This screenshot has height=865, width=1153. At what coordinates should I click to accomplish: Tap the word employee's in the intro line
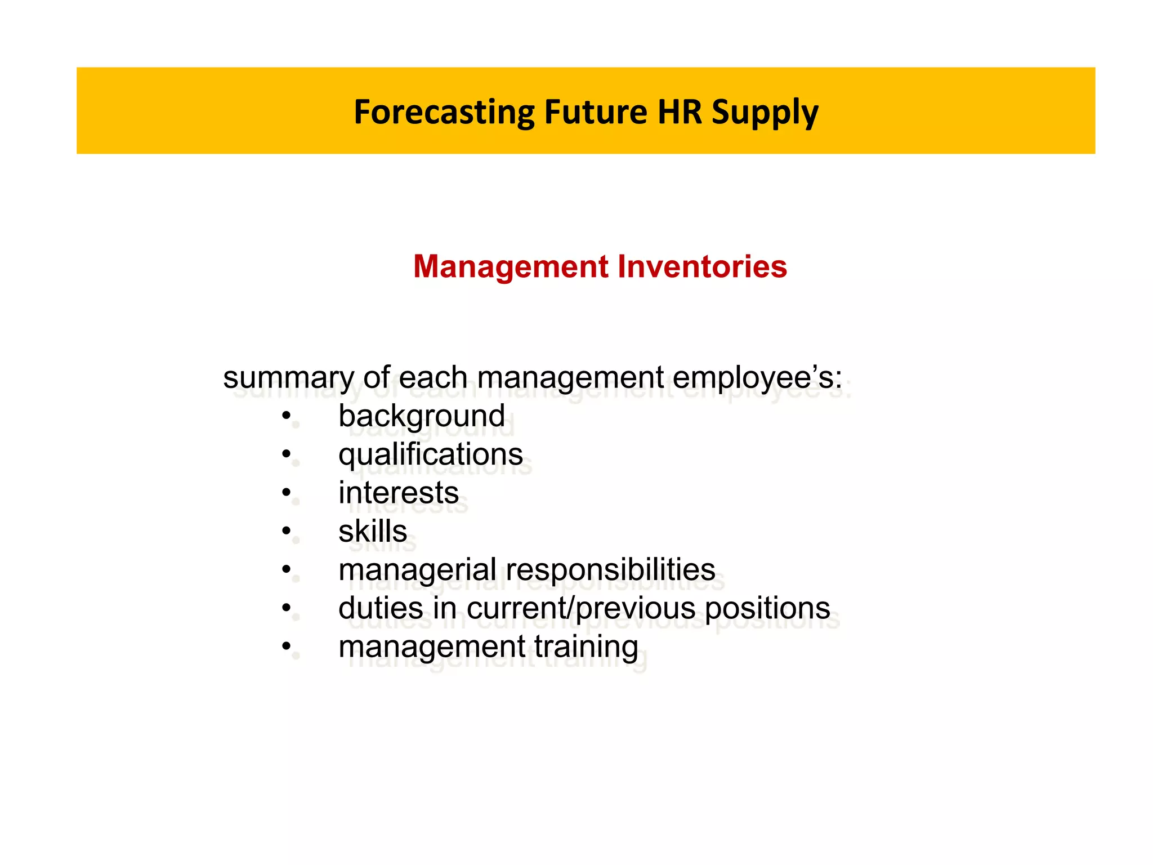pos(757,377)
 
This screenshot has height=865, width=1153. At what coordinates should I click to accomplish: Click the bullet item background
pos(421,416)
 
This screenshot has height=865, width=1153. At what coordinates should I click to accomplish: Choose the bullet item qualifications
pos(430,454)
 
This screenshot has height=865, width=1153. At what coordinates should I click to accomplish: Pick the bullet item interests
pos(398,493)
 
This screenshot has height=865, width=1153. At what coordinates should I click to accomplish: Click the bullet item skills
pos(372,531)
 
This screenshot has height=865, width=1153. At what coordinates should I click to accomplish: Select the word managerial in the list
pos(417,569)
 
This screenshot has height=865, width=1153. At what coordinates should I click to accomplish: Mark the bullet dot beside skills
pos(287,531)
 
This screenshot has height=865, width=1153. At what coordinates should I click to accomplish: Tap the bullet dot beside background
pos(287,416)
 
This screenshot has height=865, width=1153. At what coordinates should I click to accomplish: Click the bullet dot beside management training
pos(287,646)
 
